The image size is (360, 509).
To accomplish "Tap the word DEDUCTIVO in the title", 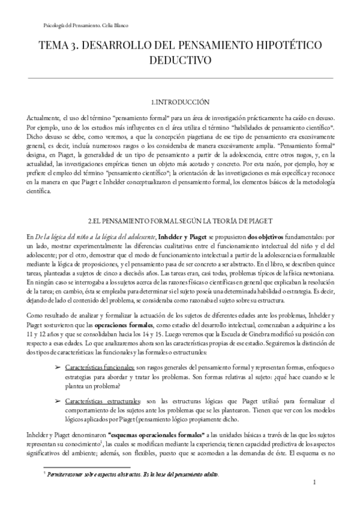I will click(x=180, y=60).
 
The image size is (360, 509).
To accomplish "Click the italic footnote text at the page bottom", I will click(x=133, y=474).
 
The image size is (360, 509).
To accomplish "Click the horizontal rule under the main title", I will click(x=180, y=77).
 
